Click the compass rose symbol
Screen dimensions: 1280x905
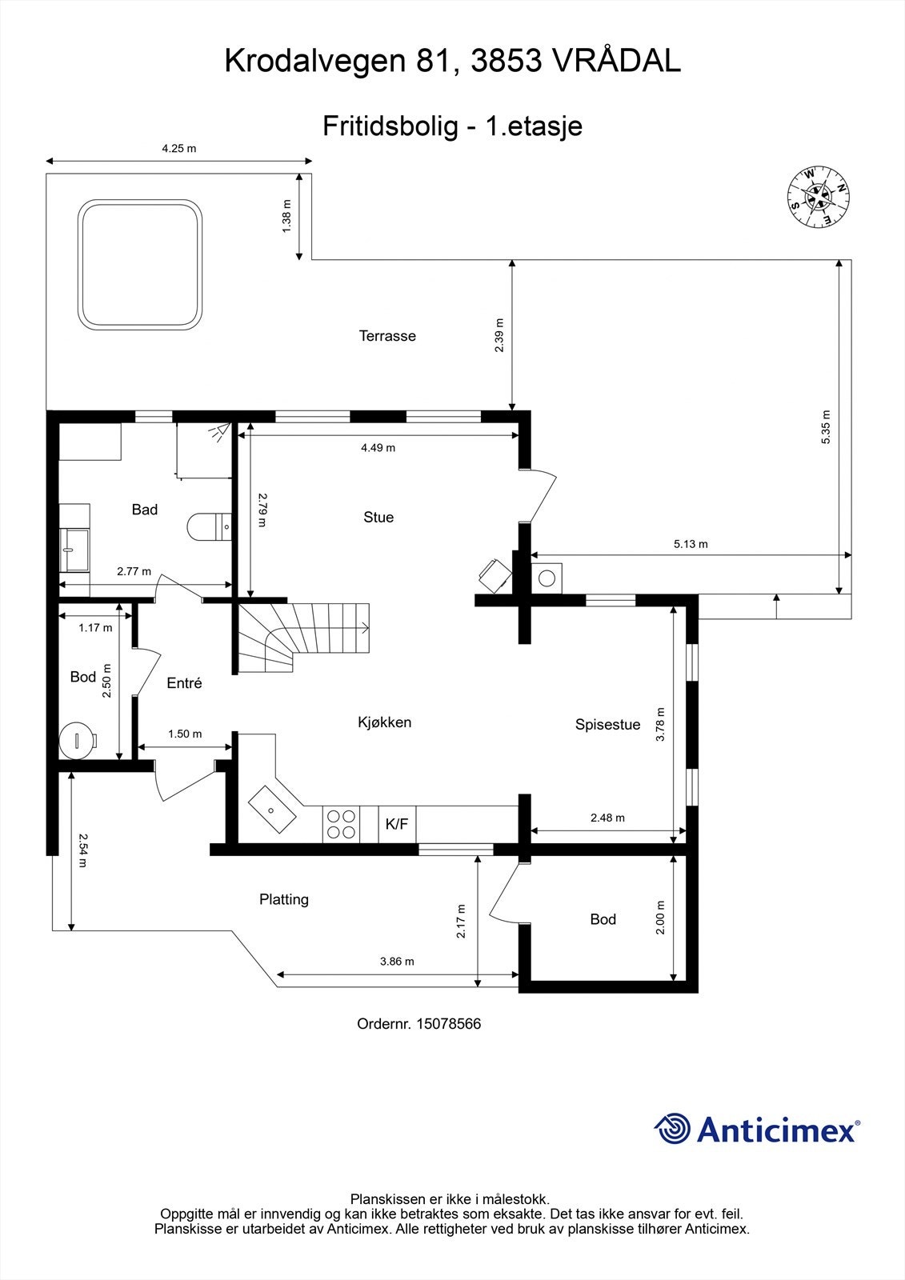tap(818, 196)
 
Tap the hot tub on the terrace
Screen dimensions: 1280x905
tap(139, 265)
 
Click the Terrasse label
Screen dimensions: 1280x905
tap(387, 336)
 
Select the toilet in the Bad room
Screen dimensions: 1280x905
tap(209, 526)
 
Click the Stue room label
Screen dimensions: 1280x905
tap(378, 518)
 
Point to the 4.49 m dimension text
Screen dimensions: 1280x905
tap(378, 448)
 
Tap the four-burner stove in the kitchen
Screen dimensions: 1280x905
tap(340, 824)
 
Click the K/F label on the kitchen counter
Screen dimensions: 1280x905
tap(397, 824)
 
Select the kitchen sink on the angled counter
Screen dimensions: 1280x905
tap(272, 809)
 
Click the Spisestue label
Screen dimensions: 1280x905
tap(607, 725)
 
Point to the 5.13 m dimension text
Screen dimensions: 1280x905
tap(690, 544)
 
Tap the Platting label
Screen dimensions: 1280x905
tap(284, 899)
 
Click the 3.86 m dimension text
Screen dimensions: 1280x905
tap(397, 962)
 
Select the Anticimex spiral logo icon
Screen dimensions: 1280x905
tap(672, 1129)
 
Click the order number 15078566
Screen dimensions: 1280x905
tap(448, 1024)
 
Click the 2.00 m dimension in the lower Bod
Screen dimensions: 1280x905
tap(660, 918)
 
